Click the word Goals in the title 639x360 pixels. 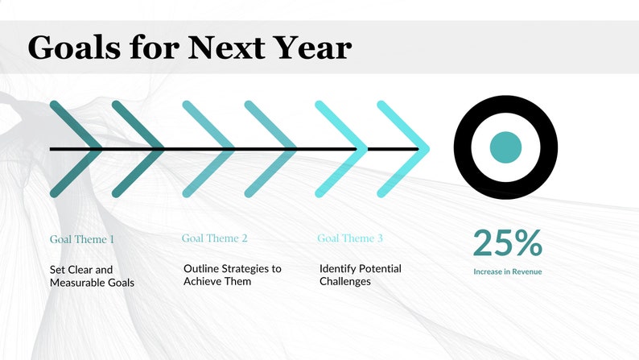point(74,48)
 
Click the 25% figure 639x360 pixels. point(507,242)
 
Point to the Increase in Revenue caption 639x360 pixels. point(507,271)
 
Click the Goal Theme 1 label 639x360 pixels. point(82,239)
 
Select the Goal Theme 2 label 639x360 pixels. point(215,238)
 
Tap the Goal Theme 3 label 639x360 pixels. point(350,238)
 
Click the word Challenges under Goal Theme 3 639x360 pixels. point(345,281)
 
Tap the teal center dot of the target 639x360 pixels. point(505,147)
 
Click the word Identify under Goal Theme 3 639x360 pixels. point(338,268)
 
